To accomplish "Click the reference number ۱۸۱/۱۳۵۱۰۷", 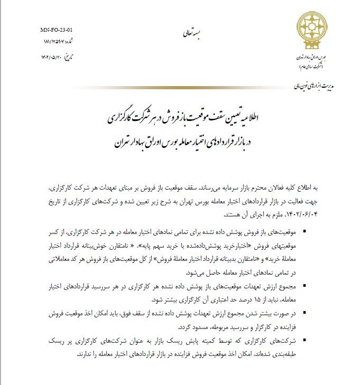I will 54,42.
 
